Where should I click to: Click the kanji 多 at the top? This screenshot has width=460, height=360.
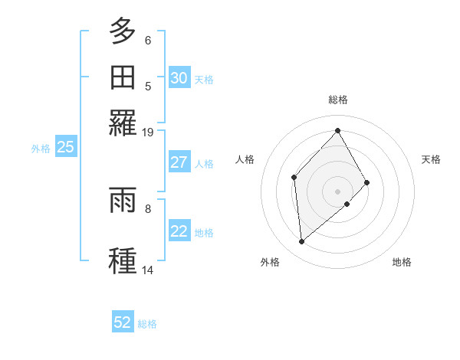coord(123,31)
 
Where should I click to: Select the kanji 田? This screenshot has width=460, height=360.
coord(123,78)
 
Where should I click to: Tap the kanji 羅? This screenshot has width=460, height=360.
coord(123,123)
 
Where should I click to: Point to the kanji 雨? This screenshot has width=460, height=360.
coord(123,201)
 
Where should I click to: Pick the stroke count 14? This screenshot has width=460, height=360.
coord(147,270)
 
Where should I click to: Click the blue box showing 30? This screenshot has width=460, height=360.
coord(179,78)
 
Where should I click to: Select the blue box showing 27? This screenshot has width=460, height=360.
coord(179,162)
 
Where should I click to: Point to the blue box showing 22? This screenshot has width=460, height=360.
coord(179,232)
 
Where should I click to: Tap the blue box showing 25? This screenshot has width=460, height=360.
coord(65,147)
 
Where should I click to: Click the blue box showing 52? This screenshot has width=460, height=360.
coord(123,322)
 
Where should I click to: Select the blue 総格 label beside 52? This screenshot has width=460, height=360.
coord(147,324)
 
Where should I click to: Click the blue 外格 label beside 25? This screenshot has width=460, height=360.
coord(41,149)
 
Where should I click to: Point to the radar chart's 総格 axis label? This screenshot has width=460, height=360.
coord(338,100)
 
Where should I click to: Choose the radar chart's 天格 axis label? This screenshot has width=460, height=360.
coord(431,159)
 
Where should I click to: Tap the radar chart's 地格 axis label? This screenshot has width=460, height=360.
coord(402,262)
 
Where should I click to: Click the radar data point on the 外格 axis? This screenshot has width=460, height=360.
coord(302,242)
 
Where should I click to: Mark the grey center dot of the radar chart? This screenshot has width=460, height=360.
coord(337,191)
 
